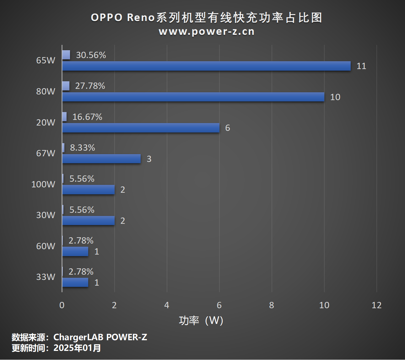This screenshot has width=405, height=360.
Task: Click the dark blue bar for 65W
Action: tap(206, 66)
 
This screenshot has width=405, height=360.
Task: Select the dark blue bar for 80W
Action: tap(193, 97)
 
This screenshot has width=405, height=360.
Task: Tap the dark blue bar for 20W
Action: tap(141, 128)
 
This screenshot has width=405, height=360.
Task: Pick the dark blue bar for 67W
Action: tap(101, 159)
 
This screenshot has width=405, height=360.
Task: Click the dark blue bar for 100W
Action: tap(88, 190)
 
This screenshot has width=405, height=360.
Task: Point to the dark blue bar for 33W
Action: tap(75, 282)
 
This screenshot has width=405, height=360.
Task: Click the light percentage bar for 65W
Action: tap(66, 55)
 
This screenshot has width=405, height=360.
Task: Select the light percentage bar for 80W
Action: tap(66, 86)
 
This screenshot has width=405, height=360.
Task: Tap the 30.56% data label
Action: tap(91, 55)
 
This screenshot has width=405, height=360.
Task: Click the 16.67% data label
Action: tap(87, 117)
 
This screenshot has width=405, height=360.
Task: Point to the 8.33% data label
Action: tap(82, 148)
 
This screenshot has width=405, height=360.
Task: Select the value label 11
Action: tap(361, 66)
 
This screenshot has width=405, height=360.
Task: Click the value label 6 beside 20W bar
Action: tap(228, 128)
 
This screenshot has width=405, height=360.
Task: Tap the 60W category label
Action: tap(46, 246)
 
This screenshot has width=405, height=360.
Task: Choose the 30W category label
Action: tap(46, 215)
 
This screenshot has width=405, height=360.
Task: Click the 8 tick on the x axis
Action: tap(272, 305)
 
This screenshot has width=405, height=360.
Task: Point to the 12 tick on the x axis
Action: tap(376, 305)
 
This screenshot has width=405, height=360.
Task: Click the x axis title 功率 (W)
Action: tap(201, 320)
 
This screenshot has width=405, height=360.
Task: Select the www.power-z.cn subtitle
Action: tap(207, 31)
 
